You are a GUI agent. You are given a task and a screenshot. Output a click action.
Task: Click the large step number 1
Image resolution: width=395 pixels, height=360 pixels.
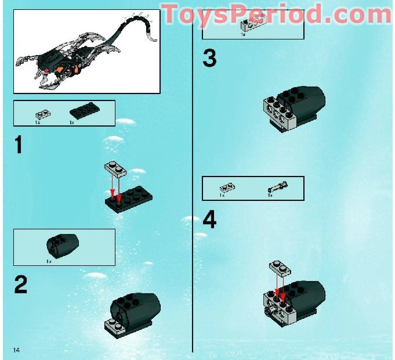tap(19, 145)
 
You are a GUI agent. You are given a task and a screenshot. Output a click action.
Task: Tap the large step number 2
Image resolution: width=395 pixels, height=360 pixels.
tap(21, 284)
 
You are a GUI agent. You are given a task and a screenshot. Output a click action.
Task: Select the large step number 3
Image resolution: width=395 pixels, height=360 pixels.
tap(209, 58)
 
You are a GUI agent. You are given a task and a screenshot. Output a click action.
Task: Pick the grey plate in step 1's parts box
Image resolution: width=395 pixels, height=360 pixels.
tap(40, 114)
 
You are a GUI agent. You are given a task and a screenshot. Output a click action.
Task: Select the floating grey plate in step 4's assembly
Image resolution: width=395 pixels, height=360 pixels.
tap(281, 268)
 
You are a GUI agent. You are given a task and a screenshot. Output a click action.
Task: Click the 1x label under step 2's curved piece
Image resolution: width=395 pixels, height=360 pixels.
tap(49, 261)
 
